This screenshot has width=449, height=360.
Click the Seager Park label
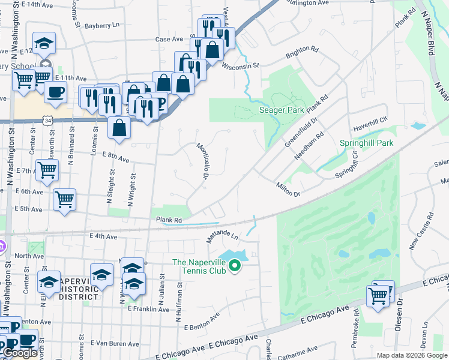[282, 110]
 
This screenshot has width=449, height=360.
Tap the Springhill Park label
[366, 143]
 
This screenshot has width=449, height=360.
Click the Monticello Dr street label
[202, 160]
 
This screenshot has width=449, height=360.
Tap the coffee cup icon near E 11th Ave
[56, 92]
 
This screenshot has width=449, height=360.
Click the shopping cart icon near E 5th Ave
[64, 199]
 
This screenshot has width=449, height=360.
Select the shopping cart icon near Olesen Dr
[378, 295]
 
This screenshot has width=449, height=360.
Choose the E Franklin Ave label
[148, 309]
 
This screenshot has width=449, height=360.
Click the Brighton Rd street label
[301, 53]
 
